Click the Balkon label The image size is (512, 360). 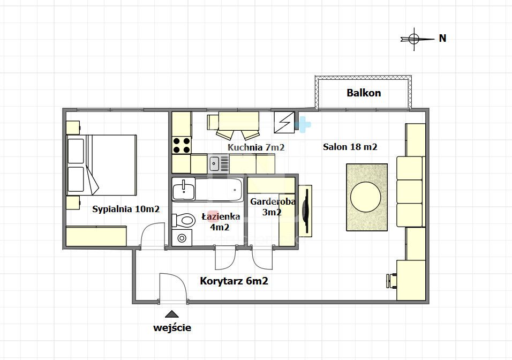pyautogui.click(x=364, y=93)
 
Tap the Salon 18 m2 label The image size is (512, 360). pyautogui.click(x=350, y=147)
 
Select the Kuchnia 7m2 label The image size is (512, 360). pyautogui.click(x=256, y=147)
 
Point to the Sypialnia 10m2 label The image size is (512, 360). pyautogui.click(x=126, y=209)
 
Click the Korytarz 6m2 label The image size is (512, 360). pyautogui.click(x=234, y=281)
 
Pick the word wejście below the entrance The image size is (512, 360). pyautogui.click(x=172, y=328)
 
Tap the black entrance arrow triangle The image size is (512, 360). pyautogui.click(x=172, y=314)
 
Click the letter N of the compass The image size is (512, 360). pyautogui.click(x=442, y=38)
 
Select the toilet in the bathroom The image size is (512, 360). pyautogui.click(x=184, y=220)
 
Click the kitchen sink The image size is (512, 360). pyautogui.click(x=214, y=163)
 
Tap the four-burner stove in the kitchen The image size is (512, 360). pyautogui.click(x=182, y=145)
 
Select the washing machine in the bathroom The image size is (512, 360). pyautogui.click(x=182, y=237)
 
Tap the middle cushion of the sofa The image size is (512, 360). pyautogui.click(x=410, y=191)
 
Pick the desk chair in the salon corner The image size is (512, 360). pyautogui.click(x=391, y=281)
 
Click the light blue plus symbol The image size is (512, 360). pyautogui.click(x=303, y=124)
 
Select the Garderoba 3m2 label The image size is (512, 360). pyautogui.click(x=272, y=207)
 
